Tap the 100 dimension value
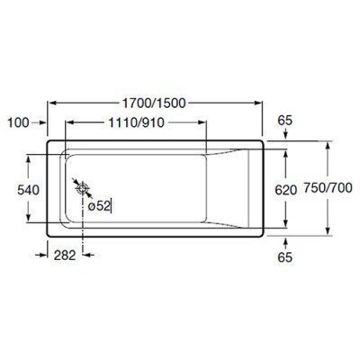tap(20, 120)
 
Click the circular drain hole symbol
tap(83, 189)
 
